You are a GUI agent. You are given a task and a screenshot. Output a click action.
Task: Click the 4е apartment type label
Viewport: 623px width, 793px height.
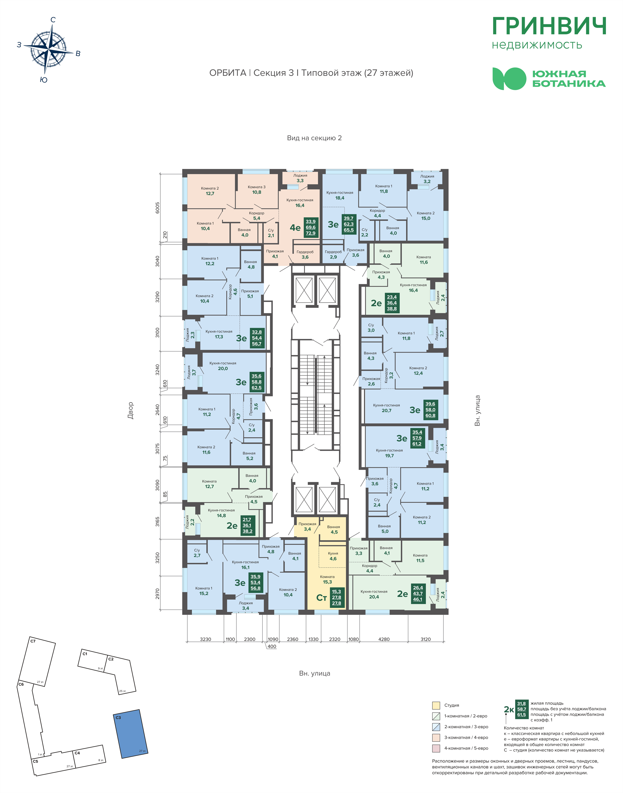tap(295, 228)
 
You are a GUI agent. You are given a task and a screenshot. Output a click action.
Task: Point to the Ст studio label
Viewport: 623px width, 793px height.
tap(321, 598)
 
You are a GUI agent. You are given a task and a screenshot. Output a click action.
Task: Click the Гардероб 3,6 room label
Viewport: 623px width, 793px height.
tap(305, 255)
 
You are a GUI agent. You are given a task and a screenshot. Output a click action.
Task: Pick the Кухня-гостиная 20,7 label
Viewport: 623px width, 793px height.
tap(386, 408)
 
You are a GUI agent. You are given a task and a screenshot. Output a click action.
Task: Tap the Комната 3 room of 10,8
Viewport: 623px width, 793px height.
tap(257, 190)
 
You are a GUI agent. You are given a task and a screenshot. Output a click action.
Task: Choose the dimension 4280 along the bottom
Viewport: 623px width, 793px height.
tap(384, 639)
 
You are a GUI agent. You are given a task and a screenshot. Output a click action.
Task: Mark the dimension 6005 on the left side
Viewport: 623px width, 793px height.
tap(157, 208)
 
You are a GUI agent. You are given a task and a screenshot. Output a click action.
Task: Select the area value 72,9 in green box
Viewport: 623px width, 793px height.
tap(310, 233)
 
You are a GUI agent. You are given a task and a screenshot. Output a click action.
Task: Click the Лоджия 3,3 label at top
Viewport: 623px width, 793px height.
tap(300, 178)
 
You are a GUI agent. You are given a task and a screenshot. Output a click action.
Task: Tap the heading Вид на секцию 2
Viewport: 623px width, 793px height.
tap(314, 138)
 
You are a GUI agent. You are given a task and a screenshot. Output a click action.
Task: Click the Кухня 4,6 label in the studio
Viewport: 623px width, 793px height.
tap(333, 556)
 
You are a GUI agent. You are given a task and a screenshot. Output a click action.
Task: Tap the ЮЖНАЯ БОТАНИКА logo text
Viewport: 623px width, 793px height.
tap(569, 78)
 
